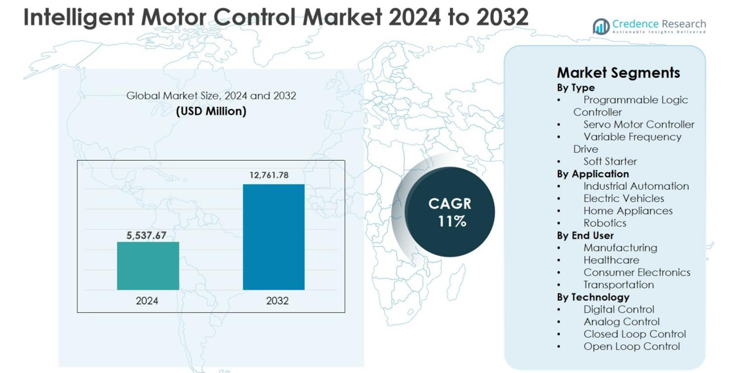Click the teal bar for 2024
[148, 266]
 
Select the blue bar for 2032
[274, 237]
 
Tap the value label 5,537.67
[146, 236]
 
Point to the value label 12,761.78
[269, 175]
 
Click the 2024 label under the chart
[147, 301]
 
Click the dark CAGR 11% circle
[450, 212]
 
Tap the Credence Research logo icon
[601, 26]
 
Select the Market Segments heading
[618, 72]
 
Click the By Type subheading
[576, 87]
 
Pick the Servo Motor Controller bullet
[639, 124]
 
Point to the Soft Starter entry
[610, 161]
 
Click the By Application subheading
[593, 174]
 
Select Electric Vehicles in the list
[624, 198]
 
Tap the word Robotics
[605, 223]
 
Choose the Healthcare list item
[611, 260]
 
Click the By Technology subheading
[593, 297]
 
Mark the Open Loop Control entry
[631, 347]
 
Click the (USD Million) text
[211, 111]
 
